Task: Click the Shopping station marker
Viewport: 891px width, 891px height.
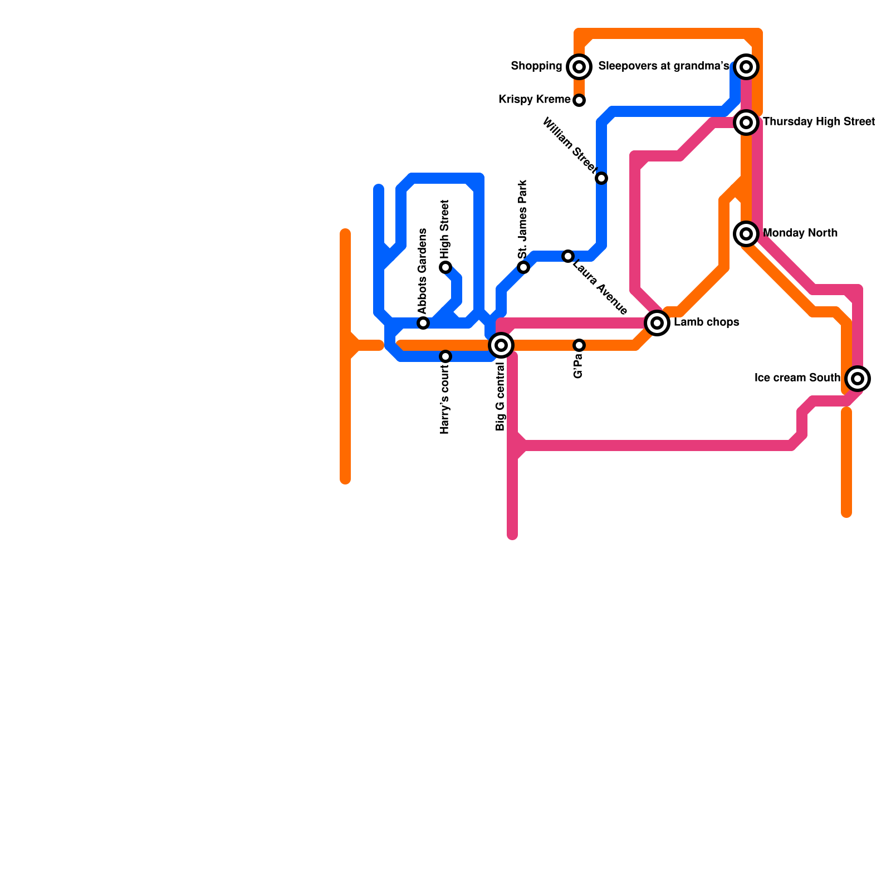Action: click(579, 67)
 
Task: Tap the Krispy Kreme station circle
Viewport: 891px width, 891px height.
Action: click(579, 100)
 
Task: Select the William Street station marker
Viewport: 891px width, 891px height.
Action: click(601, 178)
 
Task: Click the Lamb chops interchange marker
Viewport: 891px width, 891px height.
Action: click(657, 322)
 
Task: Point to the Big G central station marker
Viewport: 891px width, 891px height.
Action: click(501, 345)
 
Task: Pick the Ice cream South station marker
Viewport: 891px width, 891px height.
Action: click(858, 379)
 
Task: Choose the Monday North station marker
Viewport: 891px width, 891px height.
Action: click(746, 233)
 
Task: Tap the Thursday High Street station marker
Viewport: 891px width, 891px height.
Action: click(746, 122)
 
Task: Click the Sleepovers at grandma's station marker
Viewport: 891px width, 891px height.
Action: click(746, 67)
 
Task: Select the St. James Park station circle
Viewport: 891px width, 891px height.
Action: click(523, 267)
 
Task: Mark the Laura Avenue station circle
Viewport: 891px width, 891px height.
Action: click(567, 256)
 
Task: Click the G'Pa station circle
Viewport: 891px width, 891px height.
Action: click(579, 345)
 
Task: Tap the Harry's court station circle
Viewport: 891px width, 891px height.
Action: click(445, 356)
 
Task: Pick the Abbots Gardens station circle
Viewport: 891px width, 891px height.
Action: click(423, 323)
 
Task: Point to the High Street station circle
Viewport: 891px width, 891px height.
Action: click(445, 267)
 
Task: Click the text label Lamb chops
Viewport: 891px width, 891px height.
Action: click(706, 322)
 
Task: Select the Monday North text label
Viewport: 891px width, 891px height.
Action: click(800, 233)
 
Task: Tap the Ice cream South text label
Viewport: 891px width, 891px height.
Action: click(797, 378)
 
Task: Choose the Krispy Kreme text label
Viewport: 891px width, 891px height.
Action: click(534, 100)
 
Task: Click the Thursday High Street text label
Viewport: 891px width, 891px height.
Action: click(819, 122)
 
